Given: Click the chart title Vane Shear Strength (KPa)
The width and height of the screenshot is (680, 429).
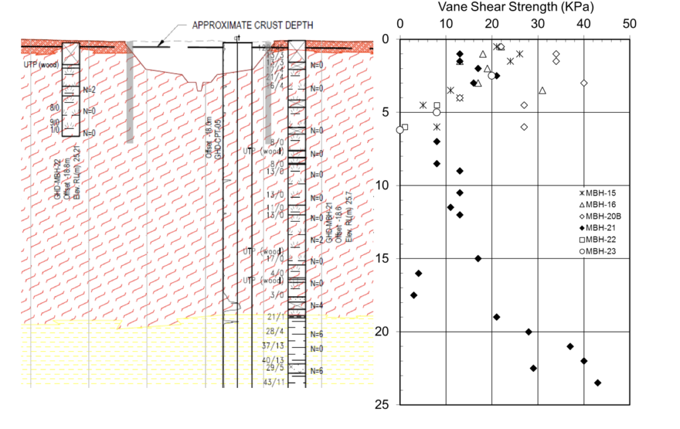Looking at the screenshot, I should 515,7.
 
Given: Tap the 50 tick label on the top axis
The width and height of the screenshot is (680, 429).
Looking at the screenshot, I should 630,25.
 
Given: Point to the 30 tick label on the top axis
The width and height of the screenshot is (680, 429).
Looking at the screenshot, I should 538,25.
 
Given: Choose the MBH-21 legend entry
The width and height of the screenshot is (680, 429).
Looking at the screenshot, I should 596,227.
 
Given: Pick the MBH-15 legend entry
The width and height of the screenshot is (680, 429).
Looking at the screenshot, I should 596,193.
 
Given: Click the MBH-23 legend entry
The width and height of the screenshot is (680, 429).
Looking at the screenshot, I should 596,250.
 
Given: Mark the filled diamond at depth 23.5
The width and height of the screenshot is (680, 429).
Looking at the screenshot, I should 598,383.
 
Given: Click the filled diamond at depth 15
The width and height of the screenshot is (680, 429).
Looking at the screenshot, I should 478,258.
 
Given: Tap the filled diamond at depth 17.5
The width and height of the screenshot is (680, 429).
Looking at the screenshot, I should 414,295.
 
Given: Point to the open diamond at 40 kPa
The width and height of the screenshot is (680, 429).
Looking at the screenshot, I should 584,83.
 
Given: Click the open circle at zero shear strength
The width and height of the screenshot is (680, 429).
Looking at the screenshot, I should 400,130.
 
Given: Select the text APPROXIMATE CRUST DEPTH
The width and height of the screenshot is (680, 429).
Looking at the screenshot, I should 252,26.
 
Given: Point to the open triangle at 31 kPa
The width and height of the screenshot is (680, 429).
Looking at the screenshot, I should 543,90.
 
